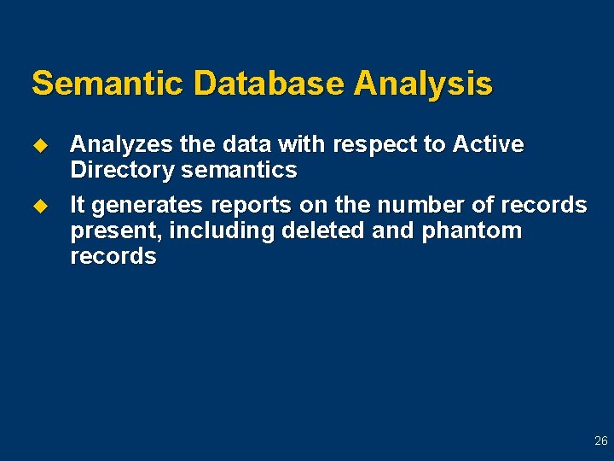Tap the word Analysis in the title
[x=424, y=84]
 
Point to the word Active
[x=489, y=145]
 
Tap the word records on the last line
[x=113, y=257]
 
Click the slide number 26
[x=600, y=441]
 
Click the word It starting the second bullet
[x=78, y=206]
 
